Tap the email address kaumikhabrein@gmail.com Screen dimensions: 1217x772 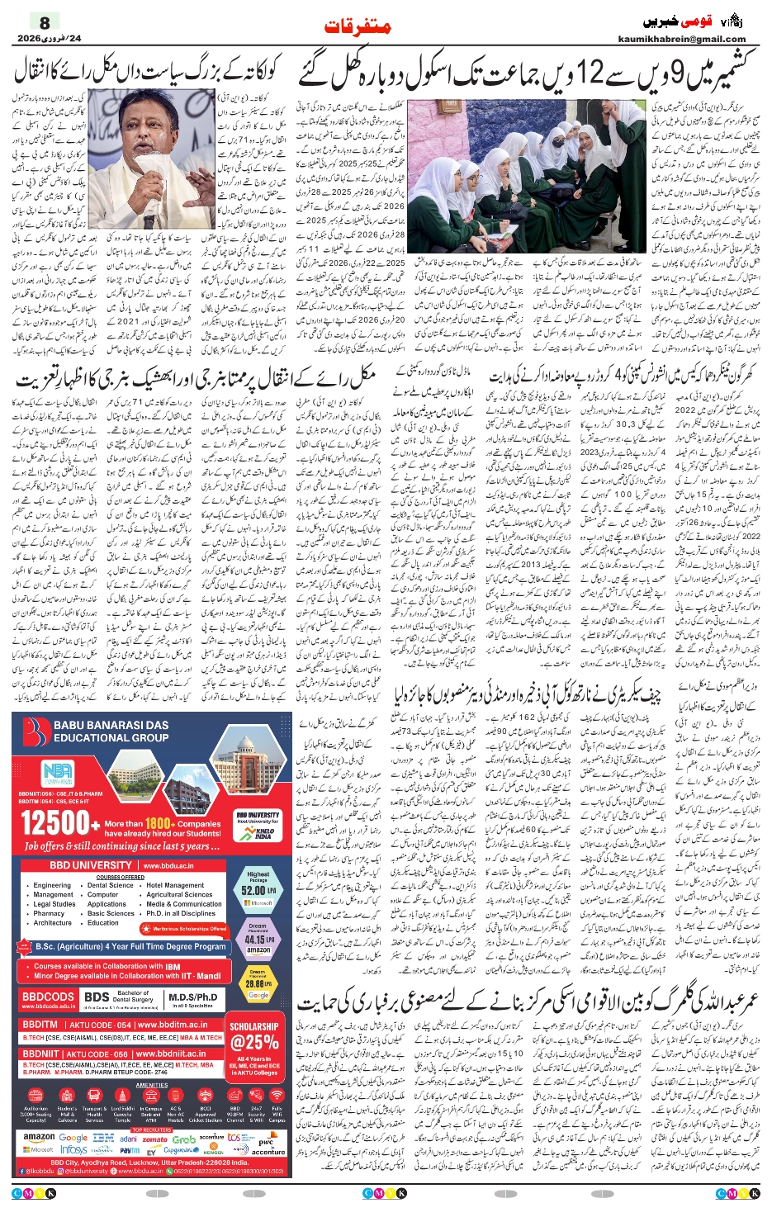pos(681,39)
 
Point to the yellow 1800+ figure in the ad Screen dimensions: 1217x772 pos(159,823)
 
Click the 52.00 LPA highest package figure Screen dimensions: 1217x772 pos(258,890)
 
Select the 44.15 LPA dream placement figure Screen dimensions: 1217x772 pos(258,939)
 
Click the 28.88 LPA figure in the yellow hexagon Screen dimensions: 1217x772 pos(258,984)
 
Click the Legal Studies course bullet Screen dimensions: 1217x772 pos(54,904)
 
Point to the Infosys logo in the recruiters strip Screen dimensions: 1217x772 pos(73,1150)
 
